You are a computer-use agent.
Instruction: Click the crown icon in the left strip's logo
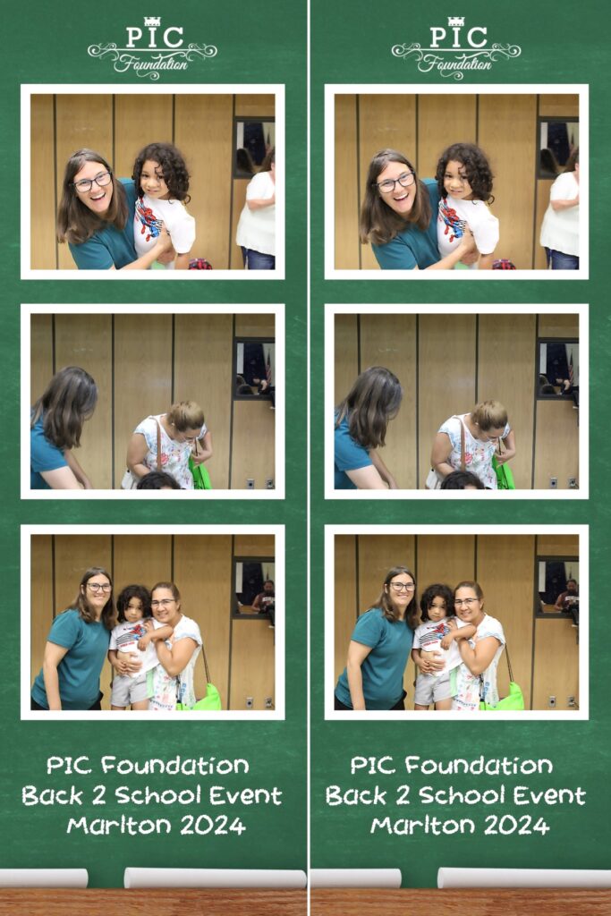152,21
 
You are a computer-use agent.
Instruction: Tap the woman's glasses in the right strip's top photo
395,183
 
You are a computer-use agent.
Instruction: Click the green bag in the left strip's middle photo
199,473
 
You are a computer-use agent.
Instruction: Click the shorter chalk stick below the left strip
44,878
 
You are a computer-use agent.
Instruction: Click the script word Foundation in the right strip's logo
454,63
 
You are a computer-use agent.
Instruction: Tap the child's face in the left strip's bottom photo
135,608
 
